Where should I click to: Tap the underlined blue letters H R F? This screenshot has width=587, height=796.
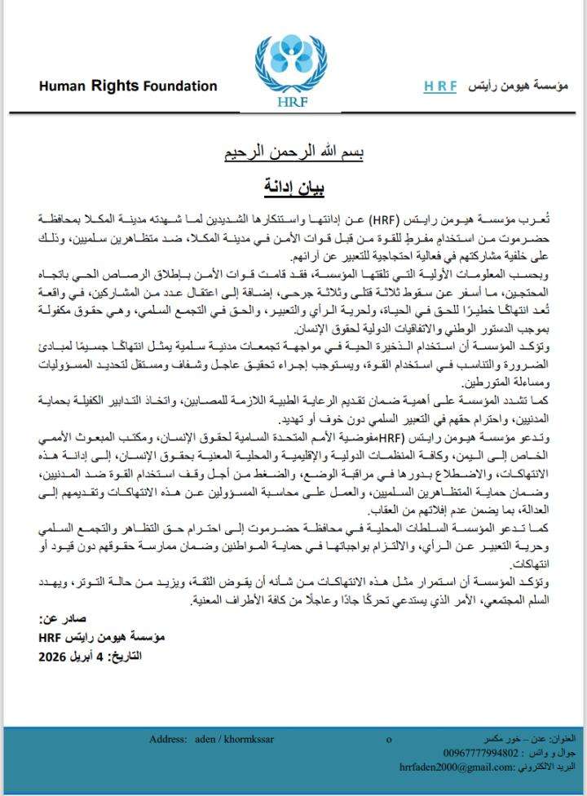(x=440, y=86)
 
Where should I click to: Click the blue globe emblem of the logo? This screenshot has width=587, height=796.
(x=291, y=60)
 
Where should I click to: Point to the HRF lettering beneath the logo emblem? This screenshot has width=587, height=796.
(x=291, y=103)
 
